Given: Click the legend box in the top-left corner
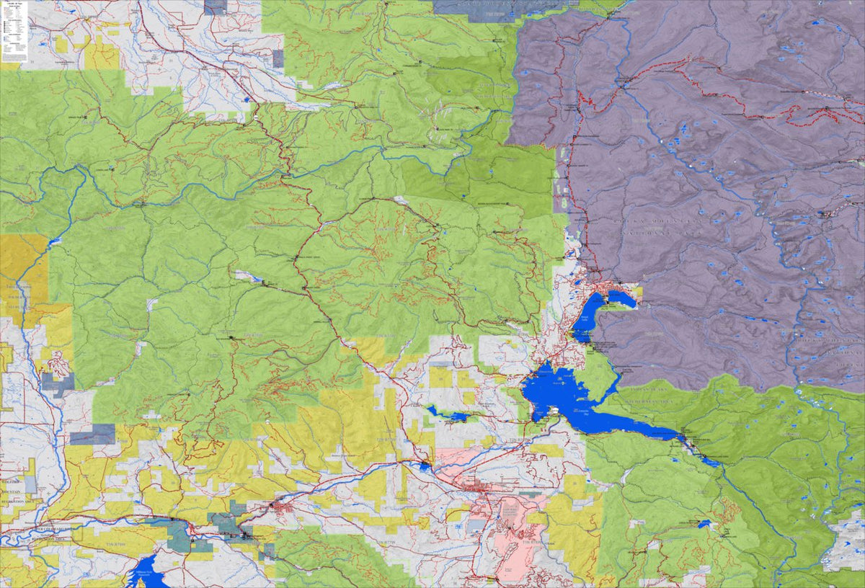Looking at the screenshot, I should [14, 32].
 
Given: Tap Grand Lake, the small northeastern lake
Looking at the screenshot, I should [621, 298].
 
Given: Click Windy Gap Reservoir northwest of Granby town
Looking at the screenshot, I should [425, 467].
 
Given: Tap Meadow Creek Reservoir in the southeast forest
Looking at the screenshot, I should [703, 524].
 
